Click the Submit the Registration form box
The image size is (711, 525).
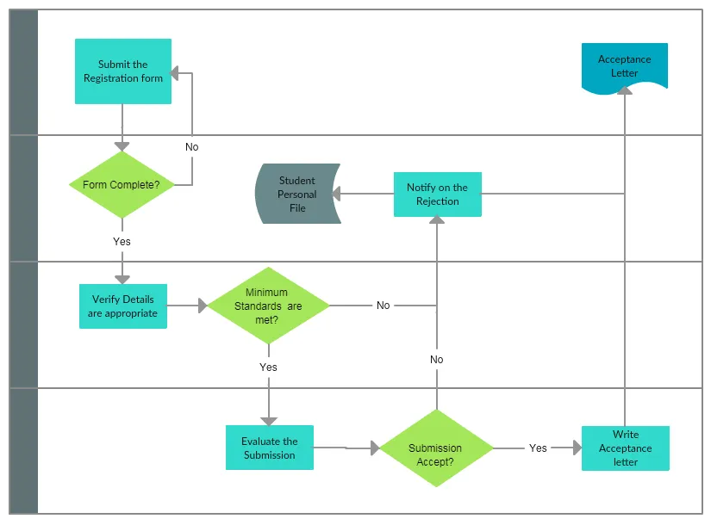pos(122,71)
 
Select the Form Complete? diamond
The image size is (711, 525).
pos(122,185)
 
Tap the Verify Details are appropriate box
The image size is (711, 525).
pos(123,306)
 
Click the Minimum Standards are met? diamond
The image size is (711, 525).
pos(268,306)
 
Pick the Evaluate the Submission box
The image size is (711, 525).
pos(269,448)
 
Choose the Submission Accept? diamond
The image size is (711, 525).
pos(436,448)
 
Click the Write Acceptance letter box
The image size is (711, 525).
pos(625,448)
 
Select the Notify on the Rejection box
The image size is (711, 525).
pos(438,195)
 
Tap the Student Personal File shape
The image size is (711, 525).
pos(297,195)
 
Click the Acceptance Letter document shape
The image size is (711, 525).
pos(625,66)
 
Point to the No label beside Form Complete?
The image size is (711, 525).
pos(191,147)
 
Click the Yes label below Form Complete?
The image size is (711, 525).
pos(122,242)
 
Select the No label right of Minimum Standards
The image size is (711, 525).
pos(383,306)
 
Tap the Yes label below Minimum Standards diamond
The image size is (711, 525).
pos(268,367)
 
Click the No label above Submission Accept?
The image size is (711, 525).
pos(437,360)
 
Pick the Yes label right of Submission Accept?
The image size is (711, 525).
pos(538,448)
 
